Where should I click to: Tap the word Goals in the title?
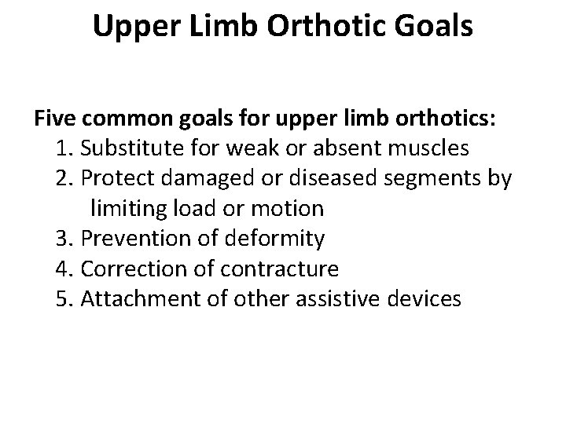[x=431, y=26]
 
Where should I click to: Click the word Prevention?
[x=133, y=239]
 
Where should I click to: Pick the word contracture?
[x=279, y=269]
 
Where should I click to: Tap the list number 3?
[x=64, y=239]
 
